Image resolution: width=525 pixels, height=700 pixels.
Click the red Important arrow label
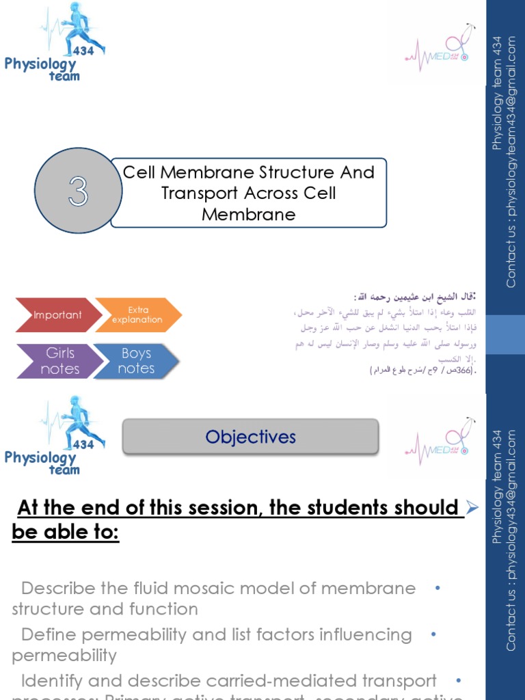(58, 315)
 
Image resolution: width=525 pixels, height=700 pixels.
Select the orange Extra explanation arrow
(137, 315)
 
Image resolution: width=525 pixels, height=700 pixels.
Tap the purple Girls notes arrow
(60, 361)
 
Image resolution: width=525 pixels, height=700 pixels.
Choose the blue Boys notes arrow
(136, 361)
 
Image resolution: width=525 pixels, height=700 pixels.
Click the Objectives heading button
(250, 437)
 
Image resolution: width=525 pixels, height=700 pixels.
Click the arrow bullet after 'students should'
(471, 508)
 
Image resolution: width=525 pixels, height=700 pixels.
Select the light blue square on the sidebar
(505, 334)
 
